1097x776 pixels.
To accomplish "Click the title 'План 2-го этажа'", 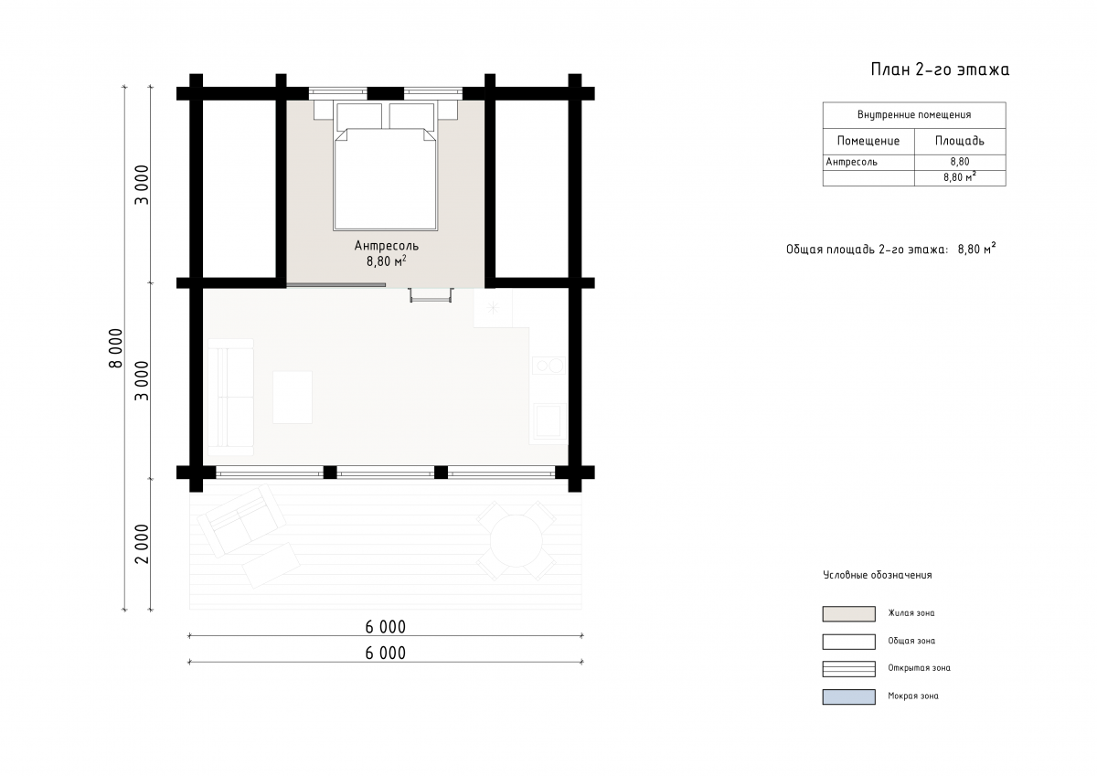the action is coord(940,69).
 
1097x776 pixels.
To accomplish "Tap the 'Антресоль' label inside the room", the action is coord(387,245).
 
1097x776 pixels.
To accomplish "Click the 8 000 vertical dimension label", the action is coord(115,348).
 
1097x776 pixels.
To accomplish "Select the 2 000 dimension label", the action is coord(142,544).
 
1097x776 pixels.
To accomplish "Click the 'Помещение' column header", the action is coord(868,141).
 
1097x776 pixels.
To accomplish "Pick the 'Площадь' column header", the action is coord(960,141).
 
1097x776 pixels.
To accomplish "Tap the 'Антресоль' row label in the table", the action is coord(852,162).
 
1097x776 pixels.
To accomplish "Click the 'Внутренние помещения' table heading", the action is coord(914,114).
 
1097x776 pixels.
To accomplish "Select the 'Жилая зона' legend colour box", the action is coord(848,614).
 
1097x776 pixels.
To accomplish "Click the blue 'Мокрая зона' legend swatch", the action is coord(848,696).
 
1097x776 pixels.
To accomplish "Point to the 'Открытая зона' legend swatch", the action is coord(848,669).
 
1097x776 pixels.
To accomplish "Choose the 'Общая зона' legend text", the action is coord(911,641).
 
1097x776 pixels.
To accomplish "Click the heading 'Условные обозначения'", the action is coord(877,575).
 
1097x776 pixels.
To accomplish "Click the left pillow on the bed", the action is coord(359,116).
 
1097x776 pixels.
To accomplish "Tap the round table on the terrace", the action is coord(517,540).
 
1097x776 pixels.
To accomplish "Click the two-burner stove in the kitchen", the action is coord(549,366).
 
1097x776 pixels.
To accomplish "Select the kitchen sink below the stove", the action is coord(548,421).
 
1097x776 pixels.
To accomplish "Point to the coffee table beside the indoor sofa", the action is coord(293,397).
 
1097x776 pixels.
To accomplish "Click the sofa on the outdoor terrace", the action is coord(241,520).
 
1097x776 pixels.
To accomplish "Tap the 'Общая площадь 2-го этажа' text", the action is coord(867,250).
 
